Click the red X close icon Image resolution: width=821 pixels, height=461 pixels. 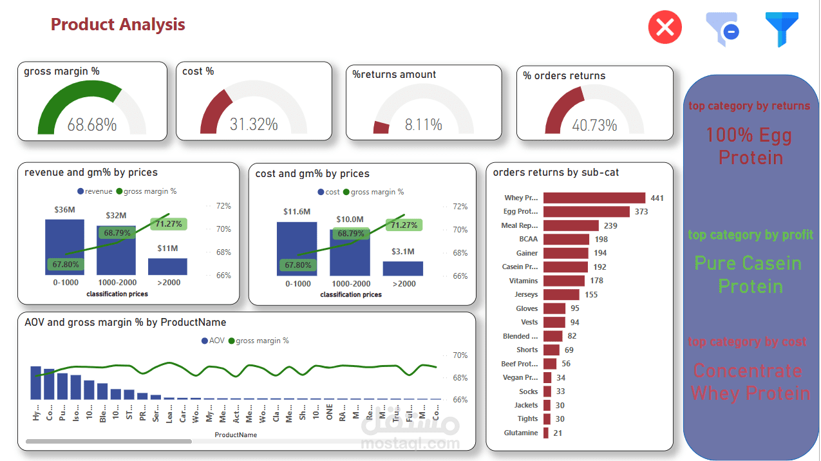[665, 27]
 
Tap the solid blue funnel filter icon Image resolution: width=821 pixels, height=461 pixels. [782, 29]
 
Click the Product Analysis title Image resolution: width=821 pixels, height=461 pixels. [118, 24]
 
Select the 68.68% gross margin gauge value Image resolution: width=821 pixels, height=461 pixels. [92, 125]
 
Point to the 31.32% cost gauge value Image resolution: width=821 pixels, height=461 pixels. [254, 124]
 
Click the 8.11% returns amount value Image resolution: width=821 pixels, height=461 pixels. [423, 125]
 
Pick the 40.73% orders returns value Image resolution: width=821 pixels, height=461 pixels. [594, 125]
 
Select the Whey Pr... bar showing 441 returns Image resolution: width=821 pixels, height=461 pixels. [594, 198]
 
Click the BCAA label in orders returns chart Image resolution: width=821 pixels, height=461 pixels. [528, 239]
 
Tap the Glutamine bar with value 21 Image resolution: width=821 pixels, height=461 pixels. [546, 433]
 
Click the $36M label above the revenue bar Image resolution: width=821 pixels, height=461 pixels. [64, 210]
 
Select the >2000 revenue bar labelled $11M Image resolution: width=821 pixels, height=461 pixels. [167, 267]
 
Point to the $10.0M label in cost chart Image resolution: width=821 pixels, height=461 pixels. [350, 220]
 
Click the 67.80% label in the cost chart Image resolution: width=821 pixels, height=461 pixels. [297, 265]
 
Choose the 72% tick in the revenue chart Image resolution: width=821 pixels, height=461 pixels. [223, 206]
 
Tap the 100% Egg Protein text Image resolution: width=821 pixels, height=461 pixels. [750, 146]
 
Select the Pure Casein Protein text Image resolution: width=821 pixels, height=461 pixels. [750, 274]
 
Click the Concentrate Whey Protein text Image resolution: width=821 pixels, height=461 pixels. [750, 382]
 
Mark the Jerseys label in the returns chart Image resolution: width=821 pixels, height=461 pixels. [526, 294]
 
